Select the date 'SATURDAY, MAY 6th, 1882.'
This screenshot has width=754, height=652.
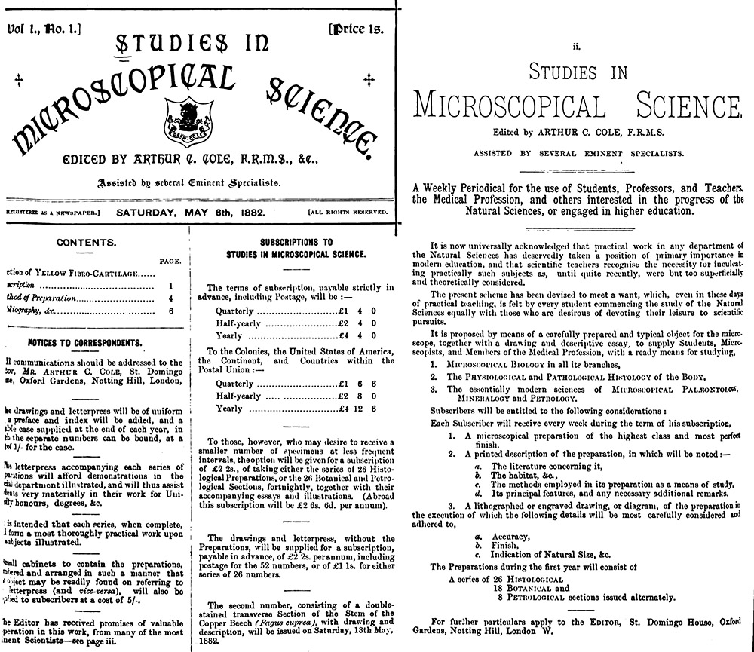tap(190, 212)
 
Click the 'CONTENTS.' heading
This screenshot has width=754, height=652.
tap(87, 243)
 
